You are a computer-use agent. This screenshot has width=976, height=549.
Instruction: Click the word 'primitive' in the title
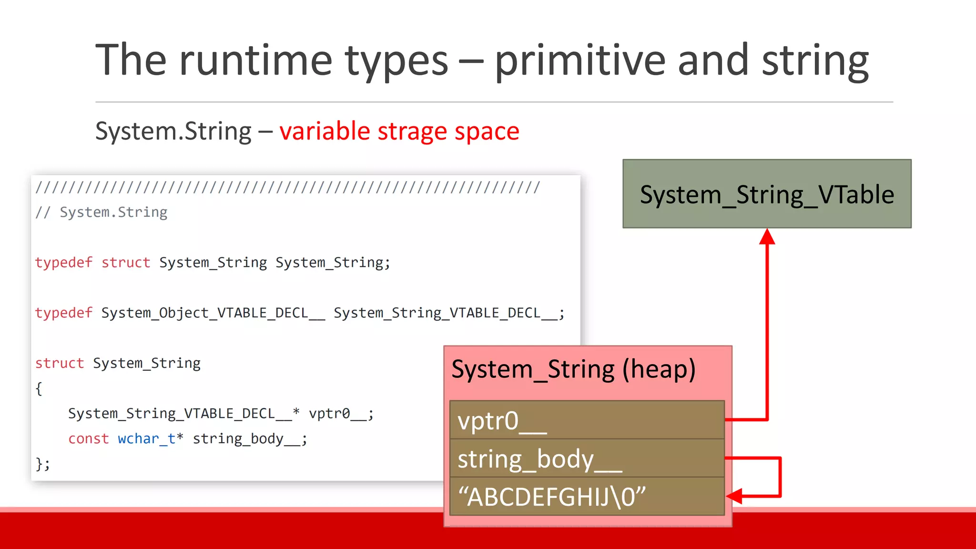(579, 61)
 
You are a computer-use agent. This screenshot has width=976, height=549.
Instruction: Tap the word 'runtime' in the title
(255, 61)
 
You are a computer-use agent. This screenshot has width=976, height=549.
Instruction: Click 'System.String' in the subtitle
(173, 131)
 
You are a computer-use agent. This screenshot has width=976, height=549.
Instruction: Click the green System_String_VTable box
(766, 194)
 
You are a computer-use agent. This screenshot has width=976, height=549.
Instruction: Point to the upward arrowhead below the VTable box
(767, 237)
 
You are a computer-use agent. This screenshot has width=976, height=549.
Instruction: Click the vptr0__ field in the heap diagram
(586, 420)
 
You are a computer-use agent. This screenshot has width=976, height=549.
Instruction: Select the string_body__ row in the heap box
(586, 458)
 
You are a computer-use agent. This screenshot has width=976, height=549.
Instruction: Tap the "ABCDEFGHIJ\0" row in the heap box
(586, 497)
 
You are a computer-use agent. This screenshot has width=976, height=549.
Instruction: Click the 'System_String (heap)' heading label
(573, 369)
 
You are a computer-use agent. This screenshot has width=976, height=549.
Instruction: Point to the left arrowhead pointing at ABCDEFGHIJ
(735, 496)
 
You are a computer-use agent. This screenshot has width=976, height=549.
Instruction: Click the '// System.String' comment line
(102, 212)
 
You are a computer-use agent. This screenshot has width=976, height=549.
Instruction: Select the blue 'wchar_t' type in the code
(147, 438)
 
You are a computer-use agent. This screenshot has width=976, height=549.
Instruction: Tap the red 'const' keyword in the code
(88, 438)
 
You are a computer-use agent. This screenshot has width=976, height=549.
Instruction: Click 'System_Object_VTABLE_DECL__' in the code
(213, 313)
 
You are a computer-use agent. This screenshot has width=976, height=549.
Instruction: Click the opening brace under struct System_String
(39, 388)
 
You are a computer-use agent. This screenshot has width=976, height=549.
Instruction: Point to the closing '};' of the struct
(42, 464)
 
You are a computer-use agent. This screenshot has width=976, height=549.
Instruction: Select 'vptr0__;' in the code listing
(341, 414)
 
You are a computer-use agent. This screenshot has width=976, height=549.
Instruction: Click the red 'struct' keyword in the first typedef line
(125, 263)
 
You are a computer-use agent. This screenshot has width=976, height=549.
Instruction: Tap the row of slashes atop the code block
(287, 187)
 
